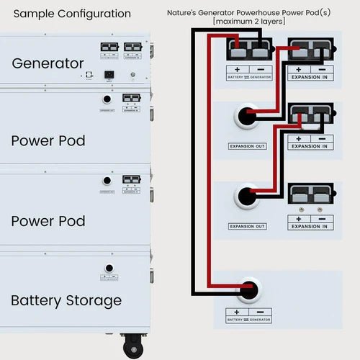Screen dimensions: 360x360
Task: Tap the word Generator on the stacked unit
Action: coord(48,63)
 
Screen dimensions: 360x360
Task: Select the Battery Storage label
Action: coord(66,300)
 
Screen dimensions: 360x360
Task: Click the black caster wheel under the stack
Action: coord(131,348)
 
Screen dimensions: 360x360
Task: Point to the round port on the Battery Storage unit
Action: coord(109,268)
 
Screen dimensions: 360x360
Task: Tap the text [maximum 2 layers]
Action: coord(249,22)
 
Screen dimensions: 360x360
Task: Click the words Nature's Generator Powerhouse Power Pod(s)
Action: coord(249,13)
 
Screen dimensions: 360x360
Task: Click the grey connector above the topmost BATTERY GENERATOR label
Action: coord(249,50)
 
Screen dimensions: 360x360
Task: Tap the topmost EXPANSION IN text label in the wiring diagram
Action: coord(311,76)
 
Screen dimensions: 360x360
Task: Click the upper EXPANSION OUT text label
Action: coord(247,146)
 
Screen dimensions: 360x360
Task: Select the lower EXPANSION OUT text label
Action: coord(247,226)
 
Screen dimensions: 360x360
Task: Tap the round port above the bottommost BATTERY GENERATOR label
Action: coord(248,289)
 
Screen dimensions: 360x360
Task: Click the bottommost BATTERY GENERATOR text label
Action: coord(249,319)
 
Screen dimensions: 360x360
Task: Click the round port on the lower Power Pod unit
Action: coord(107,181)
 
